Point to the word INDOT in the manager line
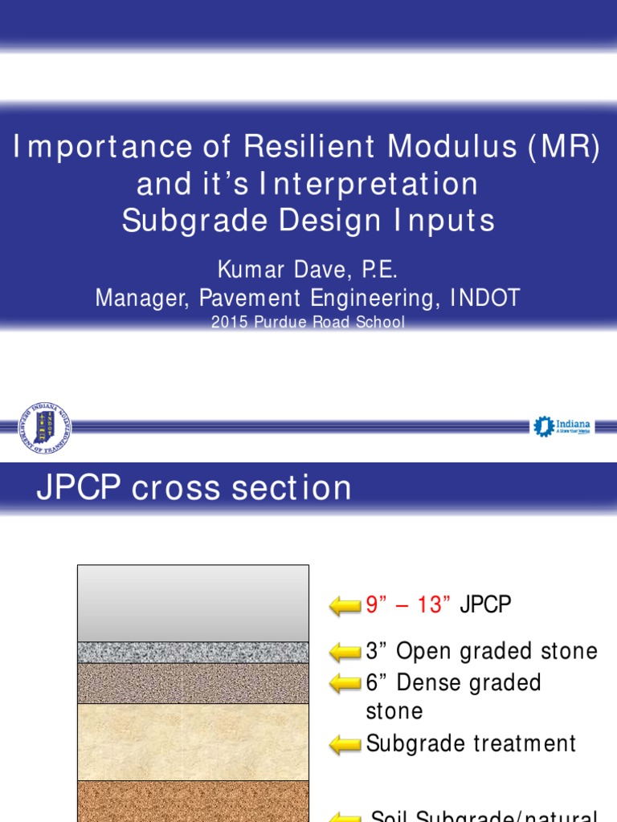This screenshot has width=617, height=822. [x=484, y=298]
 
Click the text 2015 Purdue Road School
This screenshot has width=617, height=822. [x=308, y=323]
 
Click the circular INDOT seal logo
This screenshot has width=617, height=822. [x=45, y=427]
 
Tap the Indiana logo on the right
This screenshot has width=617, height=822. [x=563, y=426]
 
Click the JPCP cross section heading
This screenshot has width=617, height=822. [x=194, y=488]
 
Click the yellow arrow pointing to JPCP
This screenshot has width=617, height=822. [x=345, y=606]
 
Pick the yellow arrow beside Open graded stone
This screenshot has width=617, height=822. [x=345, y=652]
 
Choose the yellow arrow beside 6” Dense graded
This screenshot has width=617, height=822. [x=345, y=683]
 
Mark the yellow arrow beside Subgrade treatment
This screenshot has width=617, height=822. [x=345, y=744]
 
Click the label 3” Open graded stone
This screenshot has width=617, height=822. [x=482, y=651]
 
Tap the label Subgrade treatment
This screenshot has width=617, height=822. [x=471, y=743]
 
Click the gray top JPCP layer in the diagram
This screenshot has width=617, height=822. [x=193, y=603]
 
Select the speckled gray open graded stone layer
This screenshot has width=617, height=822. [x=193, y=652]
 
